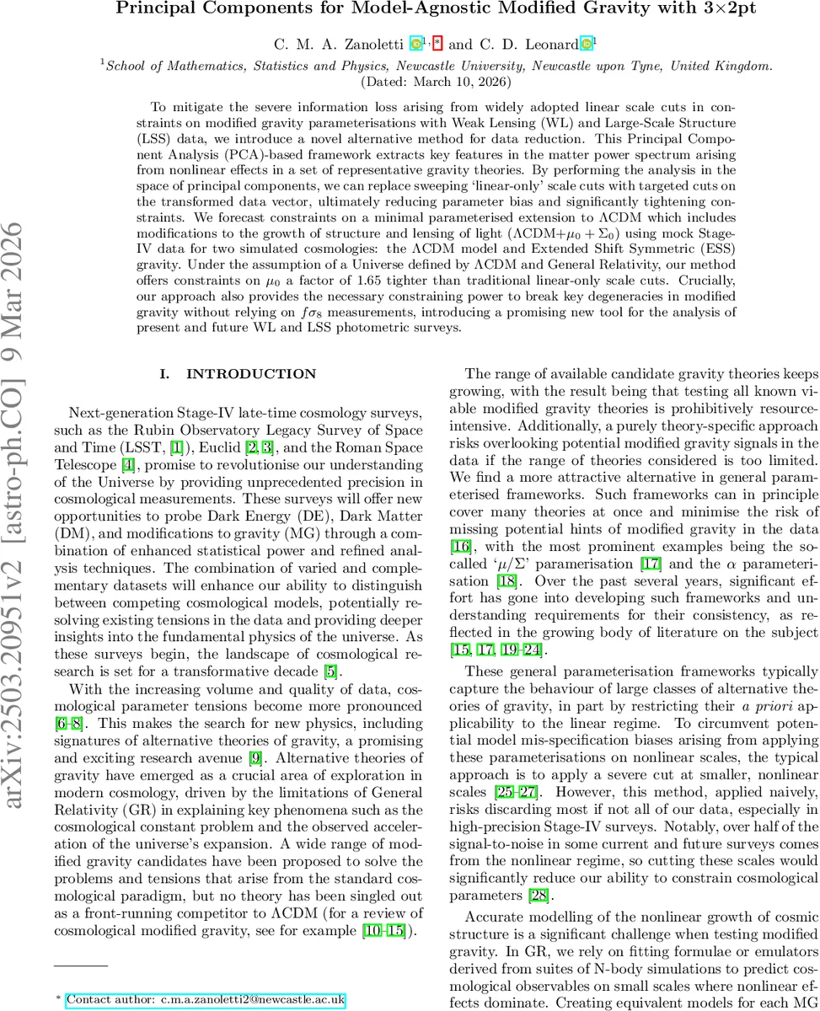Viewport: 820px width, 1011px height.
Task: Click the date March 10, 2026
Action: pyautogui.click(x=429, y=83)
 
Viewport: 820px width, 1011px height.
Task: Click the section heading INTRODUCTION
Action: pyautogui.click(x=251, y=373)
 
